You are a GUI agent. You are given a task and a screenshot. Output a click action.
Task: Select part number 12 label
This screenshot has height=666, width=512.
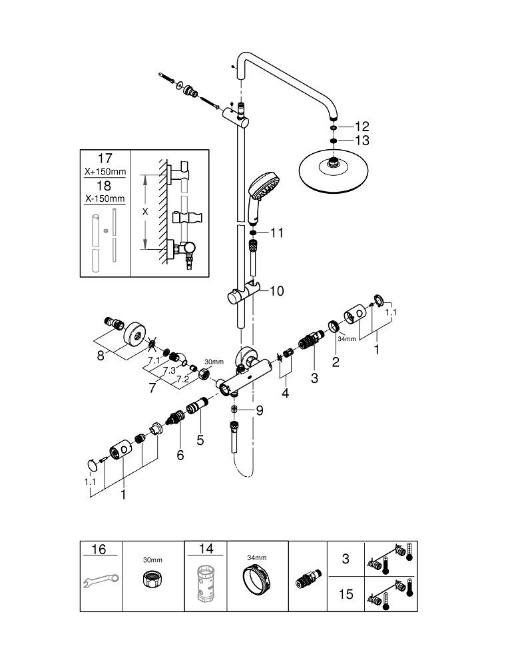coord(362,126)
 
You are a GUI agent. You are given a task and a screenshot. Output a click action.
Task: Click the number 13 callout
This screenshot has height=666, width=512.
coord(362,141)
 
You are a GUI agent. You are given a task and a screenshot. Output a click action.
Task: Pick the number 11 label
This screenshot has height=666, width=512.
coord(276,233)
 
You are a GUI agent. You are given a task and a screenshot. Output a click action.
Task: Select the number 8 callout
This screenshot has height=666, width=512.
coord(100,356)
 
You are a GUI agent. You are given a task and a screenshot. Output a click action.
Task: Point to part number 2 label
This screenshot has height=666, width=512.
coord(335,362)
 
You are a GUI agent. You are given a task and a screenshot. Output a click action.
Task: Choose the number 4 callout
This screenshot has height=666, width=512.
coord(285,393)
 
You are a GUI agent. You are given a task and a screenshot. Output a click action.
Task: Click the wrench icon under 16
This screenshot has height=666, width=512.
coord(99,581)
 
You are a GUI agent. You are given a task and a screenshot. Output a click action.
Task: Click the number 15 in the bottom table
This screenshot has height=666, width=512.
coord(346,594)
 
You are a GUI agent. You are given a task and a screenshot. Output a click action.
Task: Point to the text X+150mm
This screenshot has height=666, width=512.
coord(105,171)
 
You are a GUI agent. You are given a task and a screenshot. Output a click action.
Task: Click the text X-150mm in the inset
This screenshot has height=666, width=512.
coord(105,199)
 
